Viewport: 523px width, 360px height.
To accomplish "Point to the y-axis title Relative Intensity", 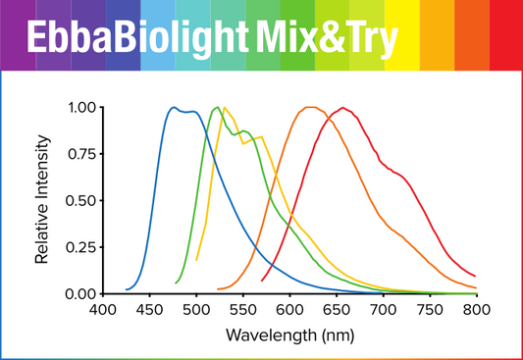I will pos(43,201).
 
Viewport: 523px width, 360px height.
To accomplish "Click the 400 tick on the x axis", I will pos(103,310).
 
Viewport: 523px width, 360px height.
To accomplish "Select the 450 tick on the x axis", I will pos(149,310).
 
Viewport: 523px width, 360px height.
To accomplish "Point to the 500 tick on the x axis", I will pos(196,310).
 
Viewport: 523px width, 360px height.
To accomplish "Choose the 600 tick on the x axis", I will pos(289,310).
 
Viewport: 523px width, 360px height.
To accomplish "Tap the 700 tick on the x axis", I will pos(383,310).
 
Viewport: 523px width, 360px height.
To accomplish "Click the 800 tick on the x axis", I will pos(476,310).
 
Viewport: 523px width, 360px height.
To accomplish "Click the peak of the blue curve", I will pos(174,108).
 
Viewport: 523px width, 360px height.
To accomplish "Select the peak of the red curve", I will pos(342,108).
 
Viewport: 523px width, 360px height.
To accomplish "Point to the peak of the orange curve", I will pos(310,108).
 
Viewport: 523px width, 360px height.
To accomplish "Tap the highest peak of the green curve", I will pos(216,108).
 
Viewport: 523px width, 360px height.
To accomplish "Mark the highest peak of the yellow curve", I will pos(225,108).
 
